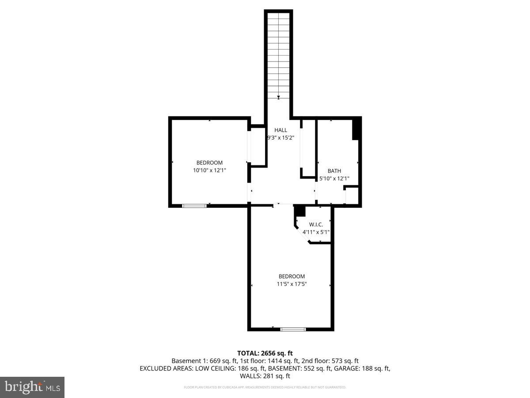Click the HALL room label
point(280,130)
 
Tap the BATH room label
point(334,171)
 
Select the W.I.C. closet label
point(316,224)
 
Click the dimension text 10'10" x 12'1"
point(210,170)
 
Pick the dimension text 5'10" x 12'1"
point(334,179)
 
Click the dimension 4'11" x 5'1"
point(316,232)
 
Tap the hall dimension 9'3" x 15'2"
point(280,138)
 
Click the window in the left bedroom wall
point(195,205)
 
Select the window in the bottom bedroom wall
point(293,329)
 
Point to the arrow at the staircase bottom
point(279,97)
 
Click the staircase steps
point(279,53)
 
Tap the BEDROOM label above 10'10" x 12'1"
point(209,162)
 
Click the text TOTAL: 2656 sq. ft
point(265,353)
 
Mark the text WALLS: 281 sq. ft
point(265,376)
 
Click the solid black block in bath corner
point(357,129)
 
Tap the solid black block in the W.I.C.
point(300,211)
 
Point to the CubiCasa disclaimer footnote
point(265,387)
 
